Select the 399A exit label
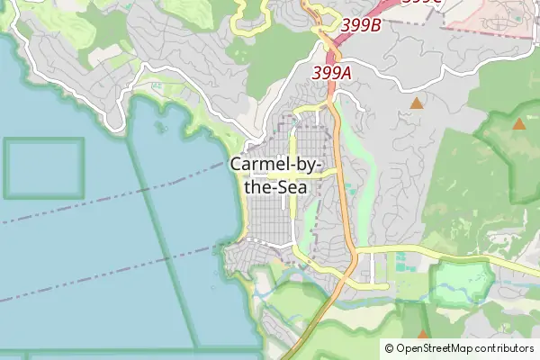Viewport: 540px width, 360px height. [332, 71]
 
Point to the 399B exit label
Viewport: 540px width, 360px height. [361, 25]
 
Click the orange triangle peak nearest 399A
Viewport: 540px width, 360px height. [416, 104]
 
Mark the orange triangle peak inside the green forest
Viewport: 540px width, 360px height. [519, 124]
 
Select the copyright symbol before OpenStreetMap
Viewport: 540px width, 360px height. [389, 347]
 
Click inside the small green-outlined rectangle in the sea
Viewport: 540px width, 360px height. [43, 167]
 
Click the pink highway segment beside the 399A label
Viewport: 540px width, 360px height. [332, 87]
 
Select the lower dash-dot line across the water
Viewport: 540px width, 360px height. [90, 280]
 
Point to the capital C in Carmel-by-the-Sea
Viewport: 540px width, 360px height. [237, 166]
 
